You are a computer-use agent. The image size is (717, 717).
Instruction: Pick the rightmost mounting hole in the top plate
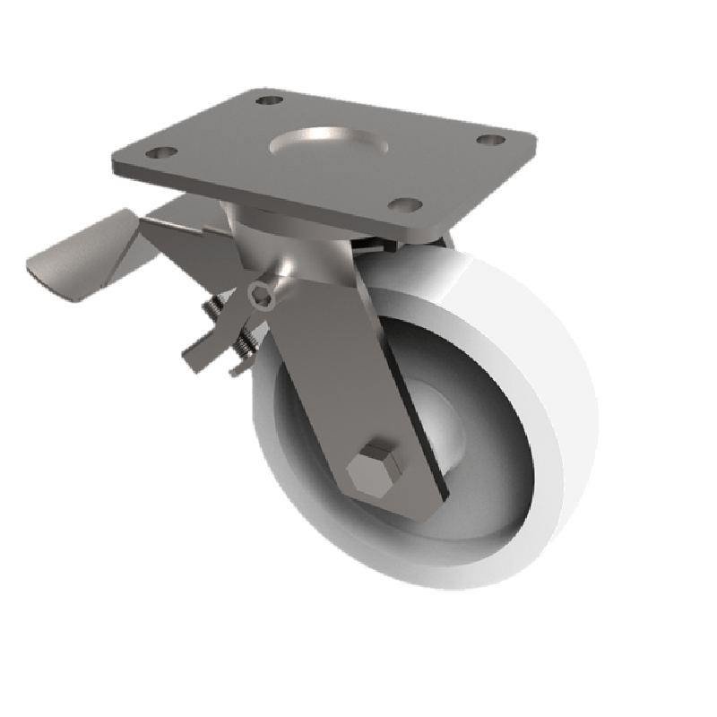(x=488, y=140)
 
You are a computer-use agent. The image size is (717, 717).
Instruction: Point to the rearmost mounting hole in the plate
(x=269, y=100)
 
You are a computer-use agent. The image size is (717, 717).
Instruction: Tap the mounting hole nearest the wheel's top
(x=409, y=205)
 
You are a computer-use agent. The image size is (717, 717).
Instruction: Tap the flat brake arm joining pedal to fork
(x=188, y=238)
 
